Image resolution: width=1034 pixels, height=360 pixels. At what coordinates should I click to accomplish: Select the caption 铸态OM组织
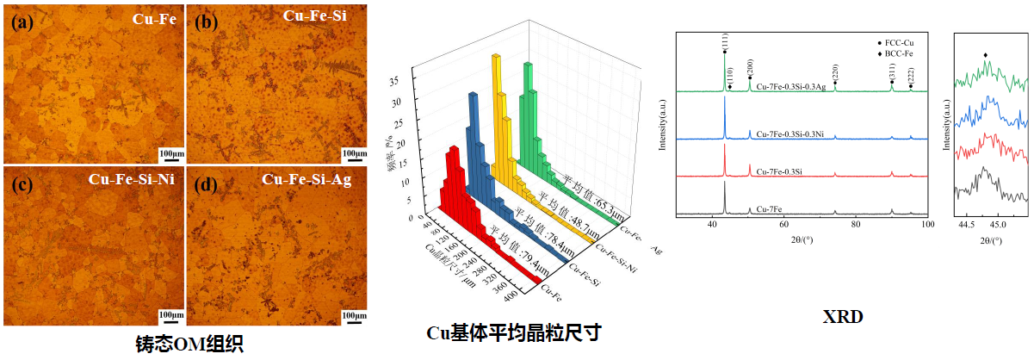[189, 344]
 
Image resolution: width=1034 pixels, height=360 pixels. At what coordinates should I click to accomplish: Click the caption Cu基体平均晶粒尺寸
[515, 332]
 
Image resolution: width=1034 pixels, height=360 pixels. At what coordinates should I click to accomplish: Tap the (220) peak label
[834, 71]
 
